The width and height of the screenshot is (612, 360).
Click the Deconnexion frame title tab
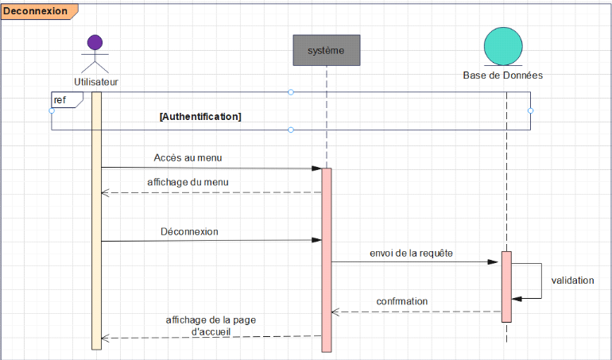click(36, 11)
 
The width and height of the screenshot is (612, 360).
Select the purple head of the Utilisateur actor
click(95, 43)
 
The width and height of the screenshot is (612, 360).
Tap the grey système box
click(326, 50)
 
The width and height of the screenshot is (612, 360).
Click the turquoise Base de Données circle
click(503, 46)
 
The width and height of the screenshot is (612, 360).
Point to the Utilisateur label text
click(96, 81)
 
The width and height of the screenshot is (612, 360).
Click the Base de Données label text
click(503, 75)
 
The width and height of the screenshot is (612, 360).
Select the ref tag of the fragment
click(60, 100)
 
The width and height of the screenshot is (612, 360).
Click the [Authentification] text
click(200, 116)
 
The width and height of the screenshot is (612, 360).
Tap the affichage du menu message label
click(188, 182)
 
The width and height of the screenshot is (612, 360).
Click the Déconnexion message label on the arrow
click(189, 232)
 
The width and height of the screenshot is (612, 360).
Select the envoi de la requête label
click(411, 253)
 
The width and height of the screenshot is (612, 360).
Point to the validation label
click(572, 280)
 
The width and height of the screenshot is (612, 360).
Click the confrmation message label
click(402, 301)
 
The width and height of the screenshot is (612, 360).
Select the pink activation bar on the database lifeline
click(506, 286)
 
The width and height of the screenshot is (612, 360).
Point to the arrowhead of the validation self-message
click(517, 299)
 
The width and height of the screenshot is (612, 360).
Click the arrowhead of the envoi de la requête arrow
click(495, 262)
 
